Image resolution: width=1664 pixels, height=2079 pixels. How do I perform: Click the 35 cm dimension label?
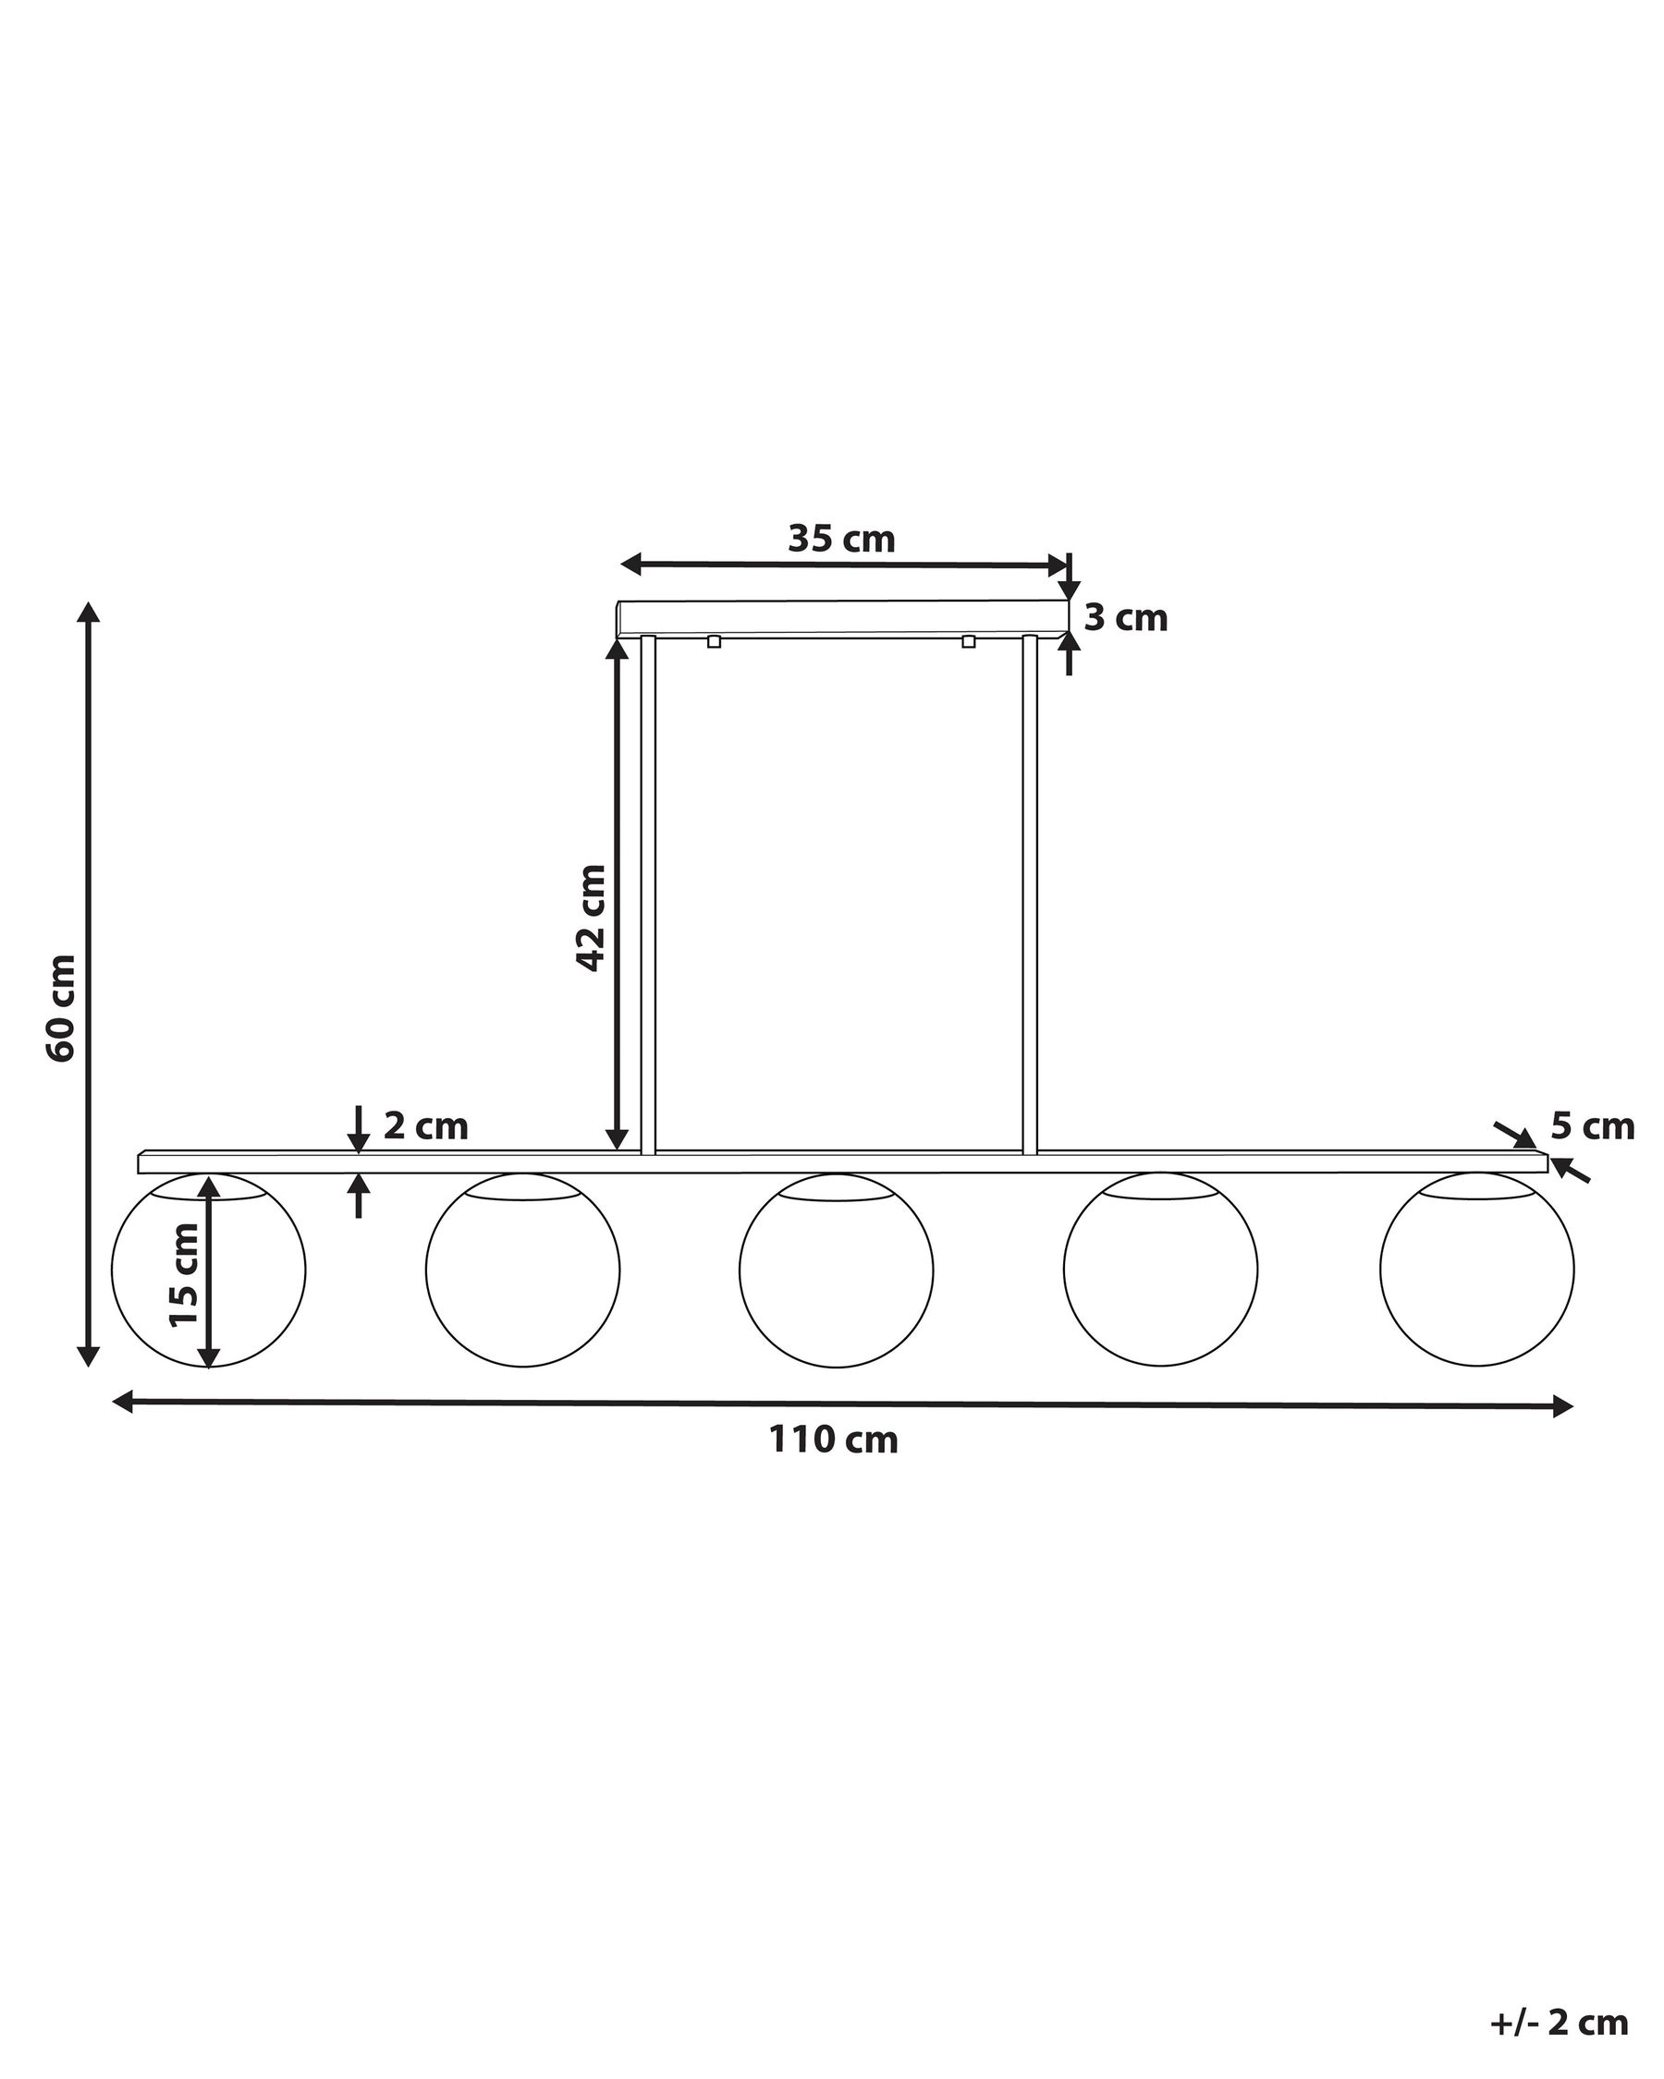tap(841, 539)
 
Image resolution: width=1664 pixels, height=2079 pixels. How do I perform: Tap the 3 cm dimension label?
tap(1126, 618)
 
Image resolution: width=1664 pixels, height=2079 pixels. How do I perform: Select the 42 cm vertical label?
tap(591, 917)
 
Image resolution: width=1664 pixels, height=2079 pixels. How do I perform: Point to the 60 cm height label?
tap(60, 1009)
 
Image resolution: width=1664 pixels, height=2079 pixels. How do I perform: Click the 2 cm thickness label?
tap(425, 1125)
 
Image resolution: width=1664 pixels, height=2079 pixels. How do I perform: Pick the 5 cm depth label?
tap(1593, 1125)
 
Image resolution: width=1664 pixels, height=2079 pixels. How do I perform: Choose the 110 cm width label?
tap(834, 1466)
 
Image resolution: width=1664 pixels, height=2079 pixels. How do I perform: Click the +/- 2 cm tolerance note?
tap(1559, 2014)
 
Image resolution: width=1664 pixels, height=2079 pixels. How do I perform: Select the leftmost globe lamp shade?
tap(208, 1270)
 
